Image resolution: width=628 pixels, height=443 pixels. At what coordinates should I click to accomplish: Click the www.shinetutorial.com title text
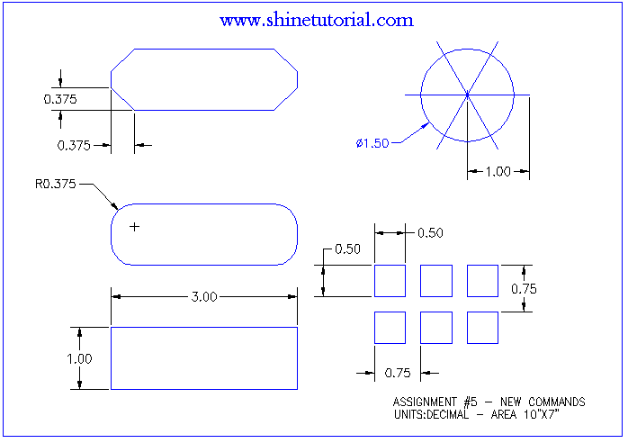click(x=317, y=20)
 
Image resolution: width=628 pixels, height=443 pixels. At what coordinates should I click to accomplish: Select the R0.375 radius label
click(x=55, y=184)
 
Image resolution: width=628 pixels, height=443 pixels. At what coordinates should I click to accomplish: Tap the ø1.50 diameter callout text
click(x=372, y=143)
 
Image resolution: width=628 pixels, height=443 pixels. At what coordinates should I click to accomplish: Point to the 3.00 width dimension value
click(x=204, y=296)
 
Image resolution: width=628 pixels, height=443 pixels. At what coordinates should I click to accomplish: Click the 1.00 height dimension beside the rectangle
click(x=79, y=358)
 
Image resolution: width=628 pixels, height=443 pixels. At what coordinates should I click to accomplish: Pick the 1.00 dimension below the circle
click(x=498, y=172)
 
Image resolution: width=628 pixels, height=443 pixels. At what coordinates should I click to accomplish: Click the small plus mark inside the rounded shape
click(x=135, y=227)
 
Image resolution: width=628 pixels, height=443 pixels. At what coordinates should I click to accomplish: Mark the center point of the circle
click(x=467, y=95)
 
